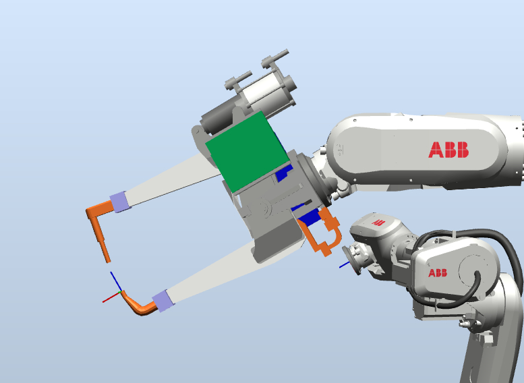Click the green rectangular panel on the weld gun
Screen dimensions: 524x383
point(248,152)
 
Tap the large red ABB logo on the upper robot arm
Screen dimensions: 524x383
point(448,150)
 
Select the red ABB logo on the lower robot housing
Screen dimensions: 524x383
point(438,272)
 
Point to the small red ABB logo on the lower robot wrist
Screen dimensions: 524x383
point(378,223)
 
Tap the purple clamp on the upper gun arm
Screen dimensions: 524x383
point(120,202)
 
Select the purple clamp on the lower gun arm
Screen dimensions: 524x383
point(163,301)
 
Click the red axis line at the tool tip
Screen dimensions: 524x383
point(111,297)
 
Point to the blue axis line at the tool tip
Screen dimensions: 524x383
point(116,281)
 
